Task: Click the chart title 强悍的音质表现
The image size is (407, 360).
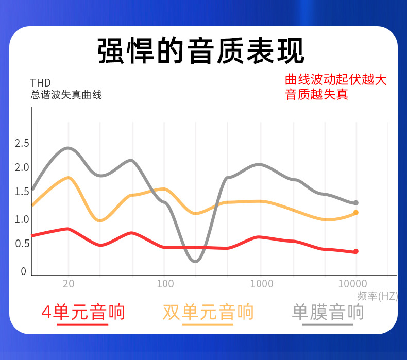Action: point(201,50)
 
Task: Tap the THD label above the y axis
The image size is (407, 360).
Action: point(41,83)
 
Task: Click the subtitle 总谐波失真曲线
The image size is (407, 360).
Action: point(66,95)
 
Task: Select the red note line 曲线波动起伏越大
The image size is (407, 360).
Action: point(335,80)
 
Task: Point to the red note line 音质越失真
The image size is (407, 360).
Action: point(316,94)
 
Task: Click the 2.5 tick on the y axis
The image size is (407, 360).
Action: point(22,143)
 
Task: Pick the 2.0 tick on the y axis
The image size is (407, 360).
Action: point(22,167)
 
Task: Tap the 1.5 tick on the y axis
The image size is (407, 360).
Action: point(22,192)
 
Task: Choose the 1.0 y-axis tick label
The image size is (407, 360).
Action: point(22,219)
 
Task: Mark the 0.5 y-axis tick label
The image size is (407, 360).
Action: point(22,244)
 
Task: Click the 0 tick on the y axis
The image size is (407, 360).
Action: point(23,271)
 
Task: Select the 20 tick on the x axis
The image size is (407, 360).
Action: point(69,284)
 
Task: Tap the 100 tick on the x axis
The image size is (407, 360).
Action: point(165,284)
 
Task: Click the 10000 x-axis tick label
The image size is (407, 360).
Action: point(353,284)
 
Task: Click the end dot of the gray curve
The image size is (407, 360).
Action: point(355,203)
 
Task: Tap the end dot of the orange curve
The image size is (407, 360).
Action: point(355,212)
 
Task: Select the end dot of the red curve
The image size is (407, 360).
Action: point(355,251)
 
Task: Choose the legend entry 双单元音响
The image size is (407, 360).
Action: point(208,312)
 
